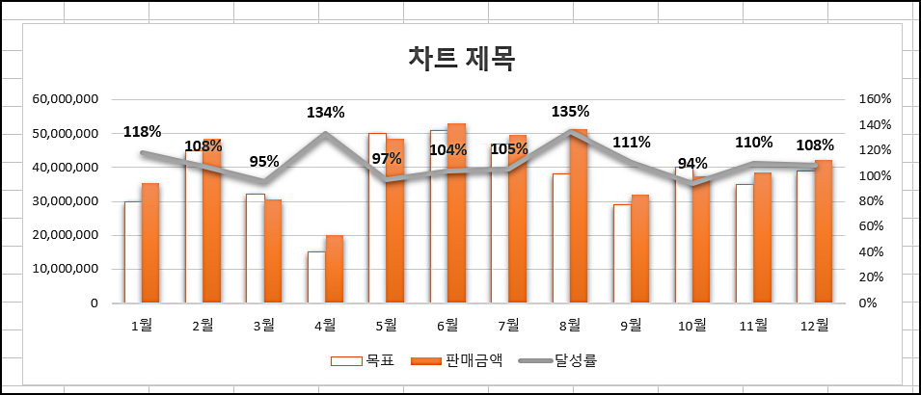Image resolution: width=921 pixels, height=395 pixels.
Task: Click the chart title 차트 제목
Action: pyautogui.click(x=462, y=59)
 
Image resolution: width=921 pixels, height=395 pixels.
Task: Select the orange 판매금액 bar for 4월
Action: pyautogui.click(x=334, y=269)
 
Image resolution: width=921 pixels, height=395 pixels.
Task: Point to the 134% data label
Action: pyautogui.click(x=326, y=112)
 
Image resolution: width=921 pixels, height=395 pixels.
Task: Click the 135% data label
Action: pyautogui.click(x=570, y=112)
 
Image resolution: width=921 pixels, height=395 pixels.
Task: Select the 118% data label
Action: pyautogui.click(x=142, y=132)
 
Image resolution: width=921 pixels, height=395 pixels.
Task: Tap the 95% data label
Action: pyautogui.click(x=265, y=161)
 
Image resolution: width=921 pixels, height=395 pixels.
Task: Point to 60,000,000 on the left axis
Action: pyautogui.click(x=65, y=99)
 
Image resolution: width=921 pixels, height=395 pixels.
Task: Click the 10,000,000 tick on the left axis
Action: pyautogui.click(x=65, y=270)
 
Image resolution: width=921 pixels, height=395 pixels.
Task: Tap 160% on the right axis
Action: pyautogui.click(x=874, y=99)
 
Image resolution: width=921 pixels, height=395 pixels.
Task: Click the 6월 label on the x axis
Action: pyautogui.click(x=447, y=326)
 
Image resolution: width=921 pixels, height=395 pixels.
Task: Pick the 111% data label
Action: pyautogui.click(x=632, y=142)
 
